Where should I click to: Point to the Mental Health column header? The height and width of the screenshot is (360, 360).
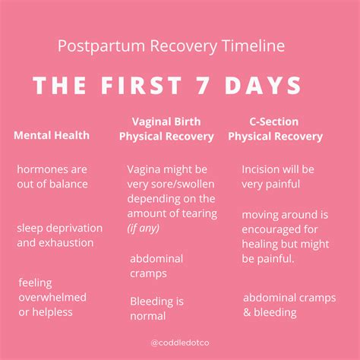pos(52,136)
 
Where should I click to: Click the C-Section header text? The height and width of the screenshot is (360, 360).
pos(273,122)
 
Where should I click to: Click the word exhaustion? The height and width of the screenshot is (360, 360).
pos(67,243)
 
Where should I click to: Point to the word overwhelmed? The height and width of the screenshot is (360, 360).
pos(52,297)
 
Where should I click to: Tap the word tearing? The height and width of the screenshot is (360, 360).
pos(196,213)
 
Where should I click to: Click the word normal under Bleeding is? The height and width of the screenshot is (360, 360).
pos(147,316)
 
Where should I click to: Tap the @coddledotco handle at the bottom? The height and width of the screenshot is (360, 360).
pos(179,343)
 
